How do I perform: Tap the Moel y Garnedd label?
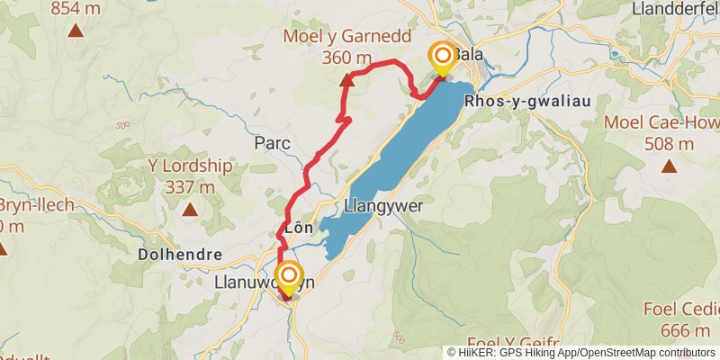(346, 37)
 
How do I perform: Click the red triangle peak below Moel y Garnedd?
(346, 79)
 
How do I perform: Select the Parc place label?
(271, 142)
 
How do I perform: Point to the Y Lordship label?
(190, 166)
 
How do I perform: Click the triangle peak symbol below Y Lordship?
(190, 210)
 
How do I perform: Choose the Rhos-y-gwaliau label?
(527, 102)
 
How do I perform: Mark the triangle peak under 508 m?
(669, 166)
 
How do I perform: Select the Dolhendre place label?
(180, 255)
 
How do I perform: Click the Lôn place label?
(298, 228)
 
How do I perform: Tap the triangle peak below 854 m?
(76, 31)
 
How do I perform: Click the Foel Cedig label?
(682, 310)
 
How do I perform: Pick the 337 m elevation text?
(190, 187)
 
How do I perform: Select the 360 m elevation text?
(346, 58)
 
